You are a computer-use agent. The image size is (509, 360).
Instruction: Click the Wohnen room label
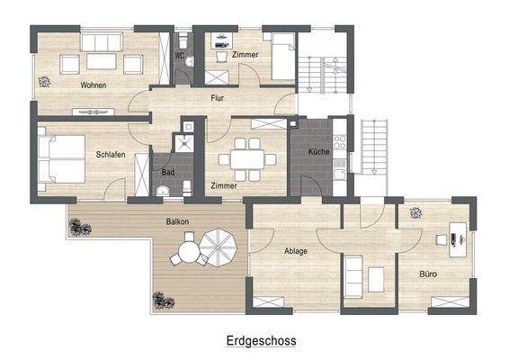point(93,85)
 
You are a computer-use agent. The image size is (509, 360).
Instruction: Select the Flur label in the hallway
point(217,97)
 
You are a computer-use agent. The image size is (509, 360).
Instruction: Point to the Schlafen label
point(110,154)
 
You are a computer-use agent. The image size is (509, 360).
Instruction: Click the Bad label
point(168,172)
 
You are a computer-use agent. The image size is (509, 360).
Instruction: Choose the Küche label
point(318,152)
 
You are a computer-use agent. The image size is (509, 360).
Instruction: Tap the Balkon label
point(176,220)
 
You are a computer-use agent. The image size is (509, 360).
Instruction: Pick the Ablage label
point(296,251)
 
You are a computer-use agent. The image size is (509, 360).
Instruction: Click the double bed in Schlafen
point(60,157)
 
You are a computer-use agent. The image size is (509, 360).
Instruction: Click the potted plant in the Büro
point(415,213)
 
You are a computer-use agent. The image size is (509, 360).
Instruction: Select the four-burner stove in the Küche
point(339,141)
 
